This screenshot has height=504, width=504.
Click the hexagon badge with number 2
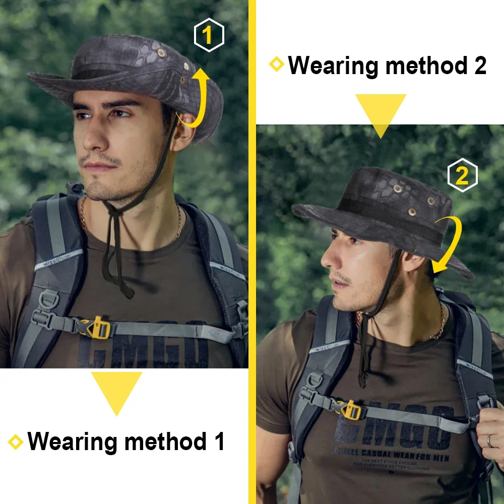click(462, 175)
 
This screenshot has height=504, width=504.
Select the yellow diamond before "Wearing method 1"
click(16, 442)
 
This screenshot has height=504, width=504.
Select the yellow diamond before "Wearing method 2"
click(276, 65)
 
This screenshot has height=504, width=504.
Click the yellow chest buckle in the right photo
click(350, 409)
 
